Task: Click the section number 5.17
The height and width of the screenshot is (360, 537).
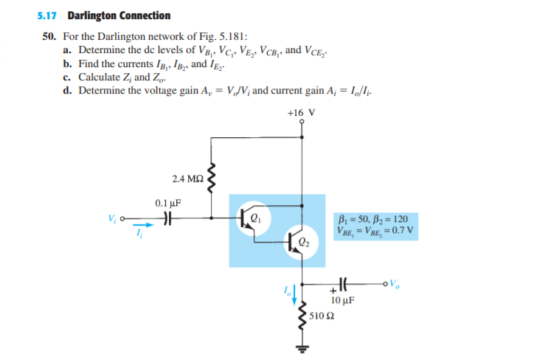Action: pos(49,15)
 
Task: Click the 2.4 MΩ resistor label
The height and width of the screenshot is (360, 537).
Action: pos(186,179)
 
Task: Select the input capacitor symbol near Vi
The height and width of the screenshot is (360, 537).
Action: pos(167,218)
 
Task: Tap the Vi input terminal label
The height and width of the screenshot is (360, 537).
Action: pos(112,218)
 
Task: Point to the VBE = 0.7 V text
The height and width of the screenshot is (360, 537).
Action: pos(375,229)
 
